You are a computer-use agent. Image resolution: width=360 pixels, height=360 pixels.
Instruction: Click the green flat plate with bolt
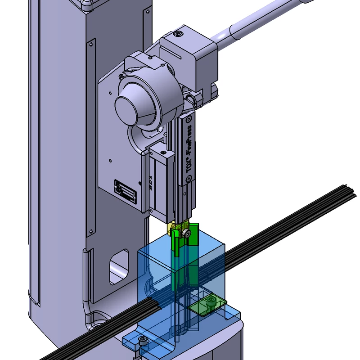pos(207,304)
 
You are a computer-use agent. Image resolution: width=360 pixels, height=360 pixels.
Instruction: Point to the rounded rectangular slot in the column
pos(119,268)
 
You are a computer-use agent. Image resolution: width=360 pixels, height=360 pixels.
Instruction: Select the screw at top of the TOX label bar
pos(189,119)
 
